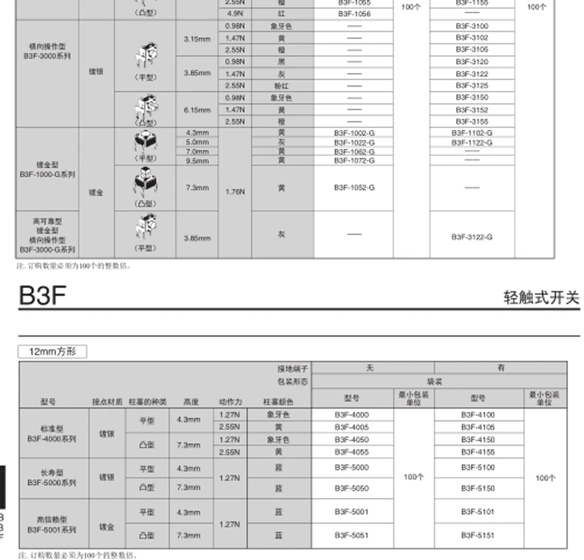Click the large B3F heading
[43, 296]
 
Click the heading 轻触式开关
[541, 298]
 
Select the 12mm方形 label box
[52, 352]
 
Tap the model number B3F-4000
[351, 415]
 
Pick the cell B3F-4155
[478, 451]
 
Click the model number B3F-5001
[351, 512]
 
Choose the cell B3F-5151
[478, 534]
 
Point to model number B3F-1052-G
[354, 188]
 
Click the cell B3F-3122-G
[472, 236]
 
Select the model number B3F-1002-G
[354, 132]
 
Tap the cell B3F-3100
[472, 26]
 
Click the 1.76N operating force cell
[235, 191]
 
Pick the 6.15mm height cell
[197, 109]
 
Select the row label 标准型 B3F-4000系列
[52, 433]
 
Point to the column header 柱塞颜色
[278, 402]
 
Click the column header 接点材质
[106, 402]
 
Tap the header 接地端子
[293, 368]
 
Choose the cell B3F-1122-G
[472, 142]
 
